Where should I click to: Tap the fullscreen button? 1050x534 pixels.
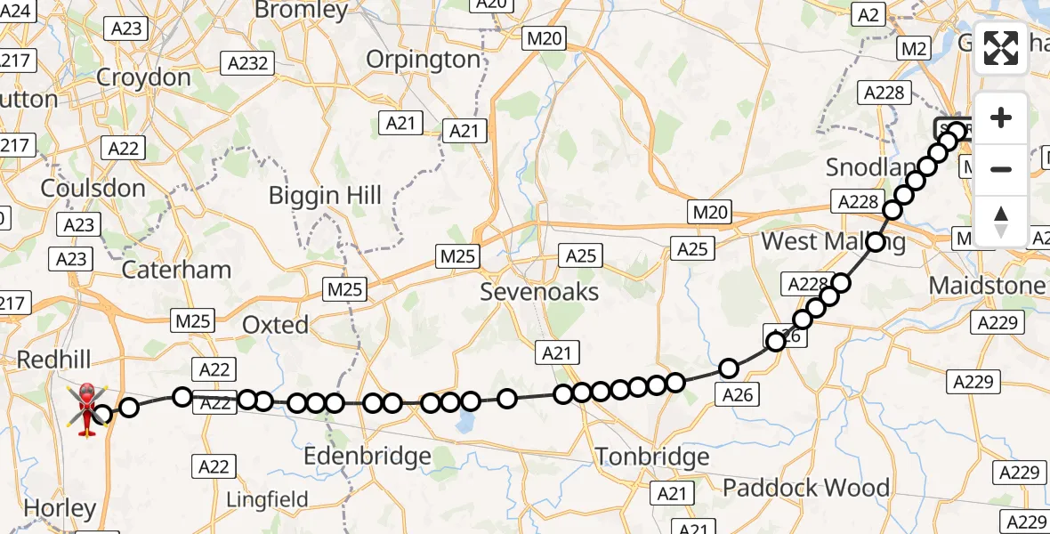[x=1001, y=48]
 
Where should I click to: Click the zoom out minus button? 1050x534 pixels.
[x=1001, y=169]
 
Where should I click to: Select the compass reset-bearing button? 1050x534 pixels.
[x=1001, y=220]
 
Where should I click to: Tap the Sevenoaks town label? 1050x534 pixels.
[x=539, y=292]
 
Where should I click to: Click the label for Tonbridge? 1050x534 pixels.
[x=652, y=457]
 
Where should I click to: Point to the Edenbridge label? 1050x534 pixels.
[x=367, y=457]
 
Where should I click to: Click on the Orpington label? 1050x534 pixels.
[x=424, y=60]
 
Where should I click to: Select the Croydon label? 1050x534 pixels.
[x=143, y=77]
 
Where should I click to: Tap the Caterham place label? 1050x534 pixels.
[x=176, y=270]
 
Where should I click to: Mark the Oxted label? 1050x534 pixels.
[x=276, y=325]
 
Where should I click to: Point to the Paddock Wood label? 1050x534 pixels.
[x=806, y=488]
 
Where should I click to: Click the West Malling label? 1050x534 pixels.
[x=833, y=242]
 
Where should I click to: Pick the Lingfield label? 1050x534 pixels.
[x=267, y=499]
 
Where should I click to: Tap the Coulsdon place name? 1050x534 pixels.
[x=93, y=189]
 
